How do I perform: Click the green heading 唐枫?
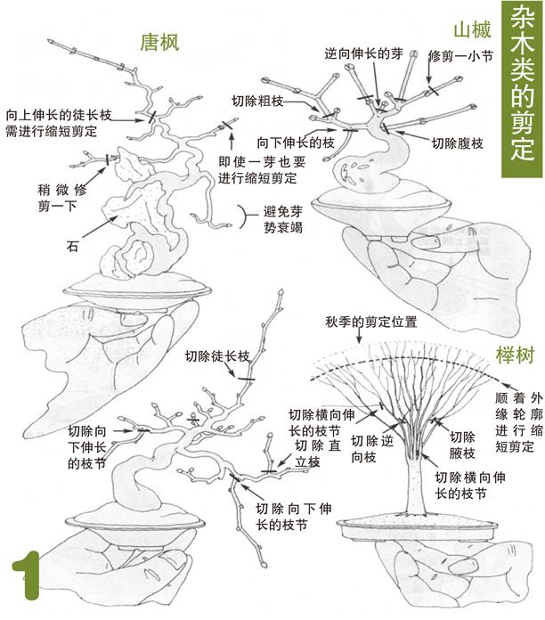pos(160,42)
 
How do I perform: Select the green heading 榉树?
pos(514,356)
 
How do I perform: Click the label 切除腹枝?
pos(459,142)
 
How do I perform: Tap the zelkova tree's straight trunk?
pos(411,482)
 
